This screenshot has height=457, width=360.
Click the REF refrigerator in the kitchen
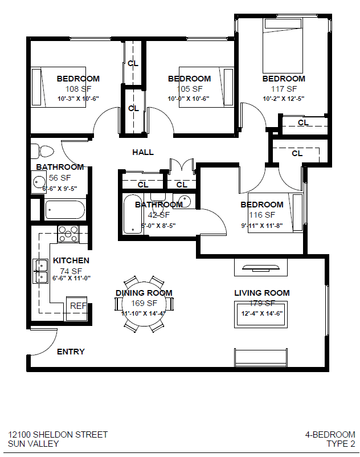(x=77, y=305)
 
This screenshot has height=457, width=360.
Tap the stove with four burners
(x=68, y=233)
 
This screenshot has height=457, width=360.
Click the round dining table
(x=144, y=303)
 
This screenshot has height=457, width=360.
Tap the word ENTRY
(x=71, y=352)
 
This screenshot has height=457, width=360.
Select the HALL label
(x=143, y=152)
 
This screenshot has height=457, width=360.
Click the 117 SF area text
(x=284, y=89)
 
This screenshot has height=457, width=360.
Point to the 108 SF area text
(x=78, y=89)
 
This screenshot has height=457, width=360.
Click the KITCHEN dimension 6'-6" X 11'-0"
(x=71, y=279)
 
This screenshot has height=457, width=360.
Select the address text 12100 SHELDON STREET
(x=58, y=434)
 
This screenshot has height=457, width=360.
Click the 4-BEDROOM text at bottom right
(x=330, y=434)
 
